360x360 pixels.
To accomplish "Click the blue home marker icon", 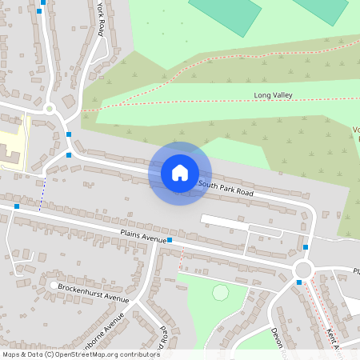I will [180, 173].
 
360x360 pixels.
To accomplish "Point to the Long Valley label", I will [273, 95].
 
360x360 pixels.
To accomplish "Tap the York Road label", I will [100, 18].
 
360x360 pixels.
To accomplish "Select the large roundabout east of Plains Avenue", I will [304, 269].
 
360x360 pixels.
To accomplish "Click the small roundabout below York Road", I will [50, 108].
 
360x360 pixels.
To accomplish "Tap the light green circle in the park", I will [220, 293].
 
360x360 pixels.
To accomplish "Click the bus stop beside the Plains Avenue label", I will [170, 239].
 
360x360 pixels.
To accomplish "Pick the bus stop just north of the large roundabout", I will [306, 247].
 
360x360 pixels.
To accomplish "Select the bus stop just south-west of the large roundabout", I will [298, 282].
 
